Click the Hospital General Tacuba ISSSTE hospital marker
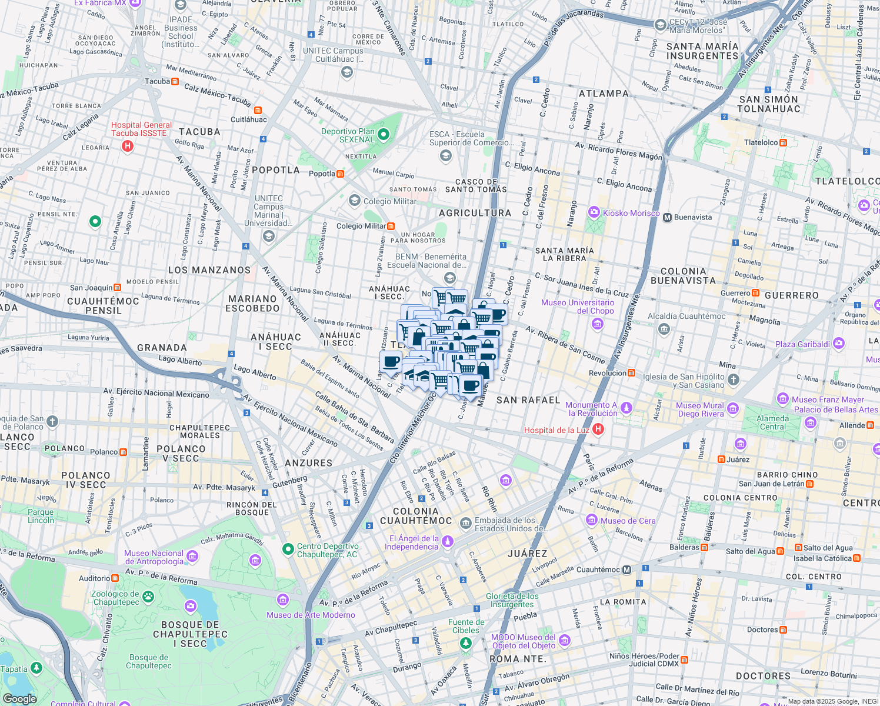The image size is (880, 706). pyautogui.click(x=128, y=146)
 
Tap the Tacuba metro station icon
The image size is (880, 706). pyautogui.click(x=175, y=81)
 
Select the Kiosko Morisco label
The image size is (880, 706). pyautogui.click(x=631, y=213)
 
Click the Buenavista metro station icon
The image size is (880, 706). pyautogui.click(x=667, y=217)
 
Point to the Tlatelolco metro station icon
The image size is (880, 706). pyautogui.click(x=783, y=142)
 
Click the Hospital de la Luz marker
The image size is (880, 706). pyautogui.click(x=598, y=429)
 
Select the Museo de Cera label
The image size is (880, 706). pyautogui.click(x=628, y=521)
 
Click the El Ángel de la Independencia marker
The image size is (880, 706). pyautogui.click(x=448, y=541)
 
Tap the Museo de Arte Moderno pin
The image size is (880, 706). pyautogui.click(x=283, y=600)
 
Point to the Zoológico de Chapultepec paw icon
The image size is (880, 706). pyautogui.click(x=148, y=597)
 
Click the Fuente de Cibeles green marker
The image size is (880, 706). pyautogui.click(x=466, y=643)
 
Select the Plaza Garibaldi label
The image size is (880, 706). pyautogui.click(x=802, y=344)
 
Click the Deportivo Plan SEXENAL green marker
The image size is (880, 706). pyautogui.click(x=384, y=135)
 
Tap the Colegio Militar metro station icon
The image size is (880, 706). pyautogui.click(x=391, y=226)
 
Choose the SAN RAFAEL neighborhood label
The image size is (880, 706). pyautogui.click(x=528, y=400)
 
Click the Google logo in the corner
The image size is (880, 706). pyautogui.click(x=19, y=698)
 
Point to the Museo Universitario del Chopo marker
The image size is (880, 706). pyautogui.click(x=598, y=324)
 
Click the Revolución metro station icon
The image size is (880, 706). pyautogui.click(x=631, y=373)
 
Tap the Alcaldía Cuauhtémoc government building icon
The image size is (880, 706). pyautogui.click(x=664, y=328)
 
